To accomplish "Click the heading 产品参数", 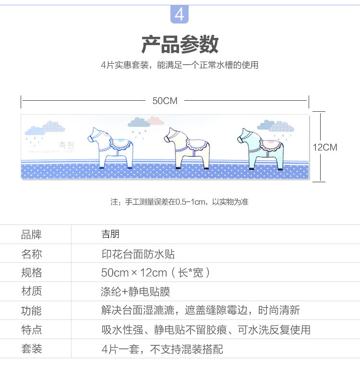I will click(x=180, y=44).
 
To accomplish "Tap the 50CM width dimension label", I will click(x=165, y=101).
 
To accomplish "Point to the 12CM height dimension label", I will click(x=325, y=147).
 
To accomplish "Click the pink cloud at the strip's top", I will click(x=155, y=120).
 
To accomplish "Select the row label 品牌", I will click(x=32, y=235).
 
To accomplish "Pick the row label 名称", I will click(x=32, y=254).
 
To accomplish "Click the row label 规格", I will click(x=32, y=273).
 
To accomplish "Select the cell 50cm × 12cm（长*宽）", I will click(x=156, y=273).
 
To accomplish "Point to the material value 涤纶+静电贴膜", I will click(x=135, y=292).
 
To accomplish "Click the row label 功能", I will click(x=32, y=311).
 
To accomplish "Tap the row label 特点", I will click(x=32, y=330).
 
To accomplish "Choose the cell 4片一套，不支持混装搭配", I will click(x=162, y=349).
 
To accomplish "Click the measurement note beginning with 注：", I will click(x=180, y=202).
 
